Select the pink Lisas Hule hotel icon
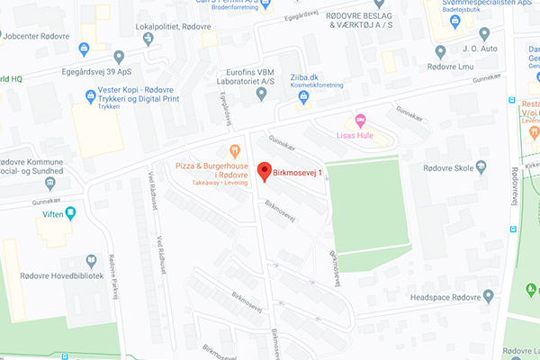click(x=361, y=121)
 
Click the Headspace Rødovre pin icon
click(x=488, y=295)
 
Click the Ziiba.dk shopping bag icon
click(x=304, y=96)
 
